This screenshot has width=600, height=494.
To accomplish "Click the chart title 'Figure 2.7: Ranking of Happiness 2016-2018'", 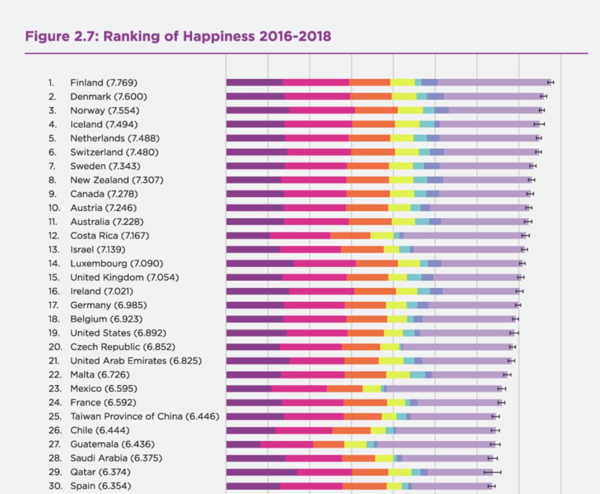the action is pos(178,37).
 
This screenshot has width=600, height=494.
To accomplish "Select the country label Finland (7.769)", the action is pos(104,83).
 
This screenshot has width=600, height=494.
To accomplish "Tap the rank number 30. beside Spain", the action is pos(55,486).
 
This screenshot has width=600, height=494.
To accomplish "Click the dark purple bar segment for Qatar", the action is pos(261,472).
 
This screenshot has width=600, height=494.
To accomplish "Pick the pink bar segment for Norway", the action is pos(322,110).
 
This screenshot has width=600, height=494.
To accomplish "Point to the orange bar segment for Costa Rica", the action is pos(350,235).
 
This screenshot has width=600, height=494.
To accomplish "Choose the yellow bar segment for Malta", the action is pos(398,375).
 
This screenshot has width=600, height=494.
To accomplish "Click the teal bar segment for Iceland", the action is pos(427,124).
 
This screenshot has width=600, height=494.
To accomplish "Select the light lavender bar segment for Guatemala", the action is pos(436,444).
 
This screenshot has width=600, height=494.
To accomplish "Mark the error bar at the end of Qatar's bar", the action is pos(492,472).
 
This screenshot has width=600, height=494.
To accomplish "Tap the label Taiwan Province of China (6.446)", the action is pos(145,416).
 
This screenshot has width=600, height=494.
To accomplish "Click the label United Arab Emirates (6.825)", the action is pos(136,361).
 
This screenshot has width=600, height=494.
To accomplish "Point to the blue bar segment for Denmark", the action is pos(435,96).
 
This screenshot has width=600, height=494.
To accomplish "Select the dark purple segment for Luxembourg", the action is pos(260,263).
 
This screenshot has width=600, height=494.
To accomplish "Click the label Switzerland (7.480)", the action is pos(114,152).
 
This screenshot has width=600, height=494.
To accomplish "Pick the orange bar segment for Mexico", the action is pos(345,389).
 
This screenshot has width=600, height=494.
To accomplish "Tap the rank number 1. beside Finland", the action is pos(51,83).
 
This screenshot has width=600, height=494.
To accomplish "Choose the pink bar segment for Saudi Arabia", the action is pos(314,458).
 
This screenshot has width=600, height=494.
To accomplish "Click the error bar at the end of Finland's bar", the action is pos(551,83).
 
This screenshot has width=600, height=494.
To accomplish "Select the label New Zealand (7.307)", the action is pos(117,180).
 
